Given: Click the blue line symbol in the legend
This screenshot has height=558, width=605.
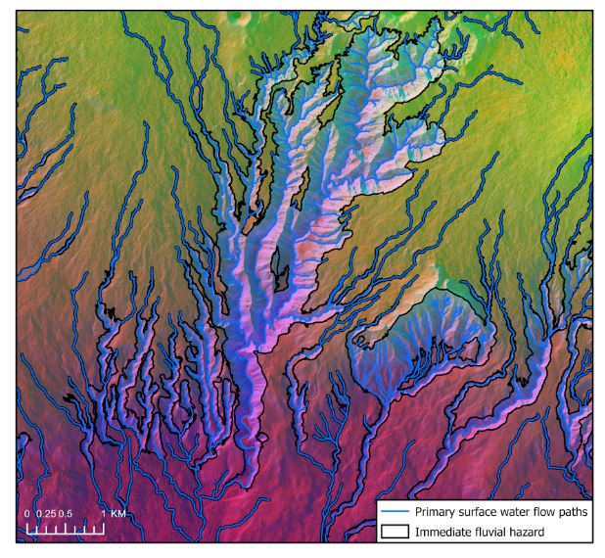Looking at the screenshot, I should (394, 512).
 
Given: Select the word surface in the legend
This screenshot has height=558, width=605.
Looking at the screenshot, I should (483, 512).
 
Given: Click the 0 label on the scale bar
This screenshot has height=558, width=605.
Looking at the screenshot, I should (27, 514).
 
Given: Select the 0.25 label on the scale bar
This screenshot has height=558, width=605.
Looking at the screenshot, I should (44, 514).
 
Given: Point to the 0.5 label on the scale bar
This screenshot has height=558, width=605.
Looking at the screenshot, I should (66, 514).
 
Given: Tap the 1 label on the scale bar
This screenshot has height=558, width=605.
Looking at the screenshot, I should (102, 514).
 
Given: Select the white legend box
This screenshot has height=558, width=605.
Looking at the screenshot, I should (484, 521).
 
